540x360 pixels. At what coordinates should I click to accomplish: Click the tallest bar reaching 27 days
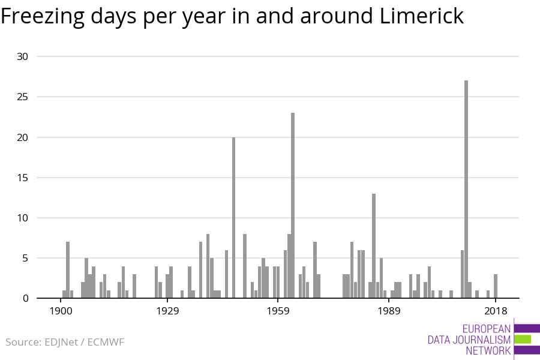point(466,189)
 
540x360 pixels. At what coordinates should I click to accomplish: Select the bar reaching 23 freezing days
point(293,205)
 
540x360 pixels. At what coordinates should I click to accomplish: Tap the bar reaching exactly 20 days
point(234,217)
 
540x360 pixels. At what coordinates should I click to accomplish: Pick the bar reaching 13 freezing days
point(374,245)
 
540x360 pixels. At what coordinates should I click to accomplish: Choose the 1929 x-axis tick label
point(168,311)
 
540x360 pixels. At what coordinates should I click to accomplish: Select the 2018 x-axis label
point(496,311)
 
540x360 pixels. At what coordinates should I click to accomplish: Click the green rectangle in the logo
point(522,339)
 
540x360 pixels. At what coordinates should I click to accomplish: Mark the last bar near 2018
point(496,286)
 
